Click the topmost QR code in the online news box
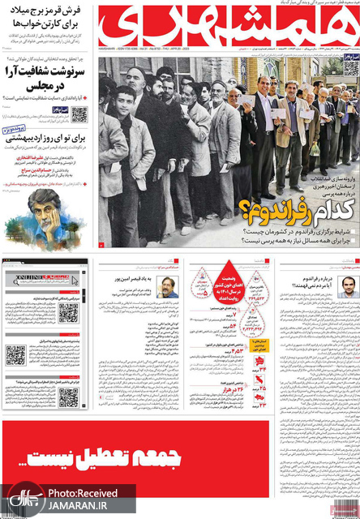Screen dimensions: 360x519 click(69, 312)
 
